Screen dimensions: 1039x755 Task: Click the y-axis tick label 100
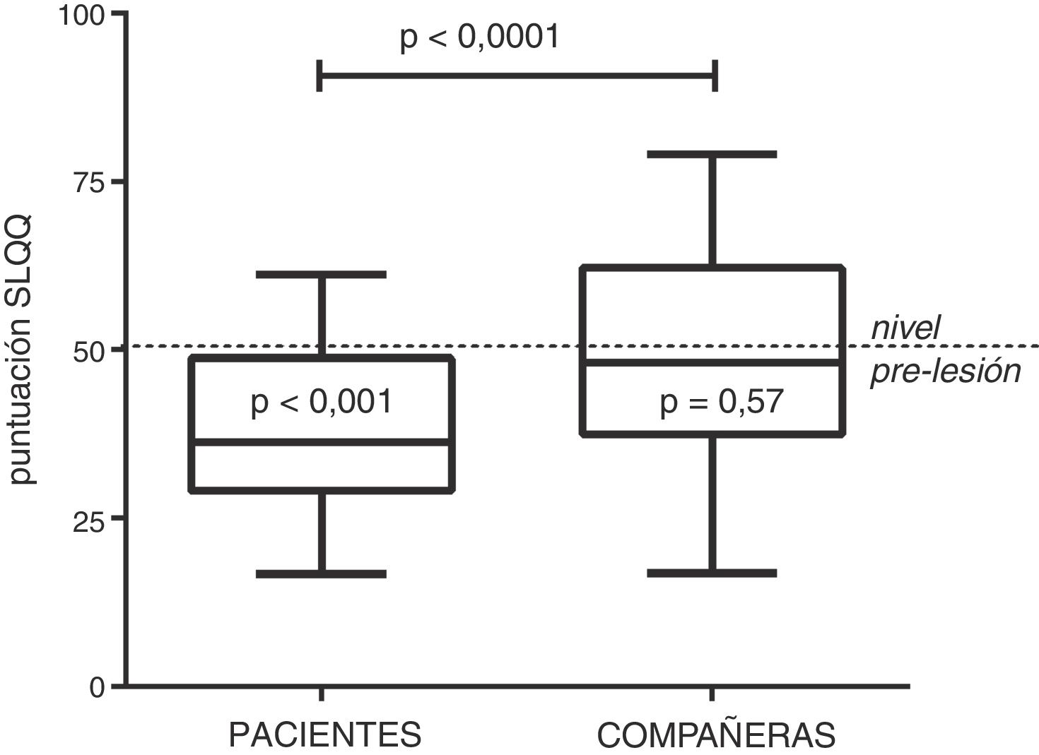[x=82, y=16]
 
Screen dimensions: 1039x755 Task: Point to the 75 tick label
[x=90, y=182]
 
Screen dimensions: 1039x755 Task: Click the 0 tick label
[x=98, y=686]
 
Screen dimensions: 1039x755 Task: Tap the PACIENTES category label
[x=325, y=735]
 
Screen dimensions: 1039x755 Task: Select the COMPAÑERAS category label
[x=716, y=735]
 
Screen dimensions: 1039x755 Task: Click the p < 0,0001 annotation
[x=480, y=37]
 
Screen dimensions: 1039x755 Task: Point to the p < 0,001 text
[x=322, y=402]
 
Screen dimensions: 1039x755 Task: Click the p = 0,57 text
[x=722, y=402]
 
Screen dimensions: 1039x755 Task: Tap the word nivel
[x=905, y=328]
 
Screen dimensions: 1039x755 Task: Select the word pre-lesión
[x=946, y=371]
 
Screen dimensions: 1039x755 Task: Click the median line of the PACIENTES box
[x=322, y=442]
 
